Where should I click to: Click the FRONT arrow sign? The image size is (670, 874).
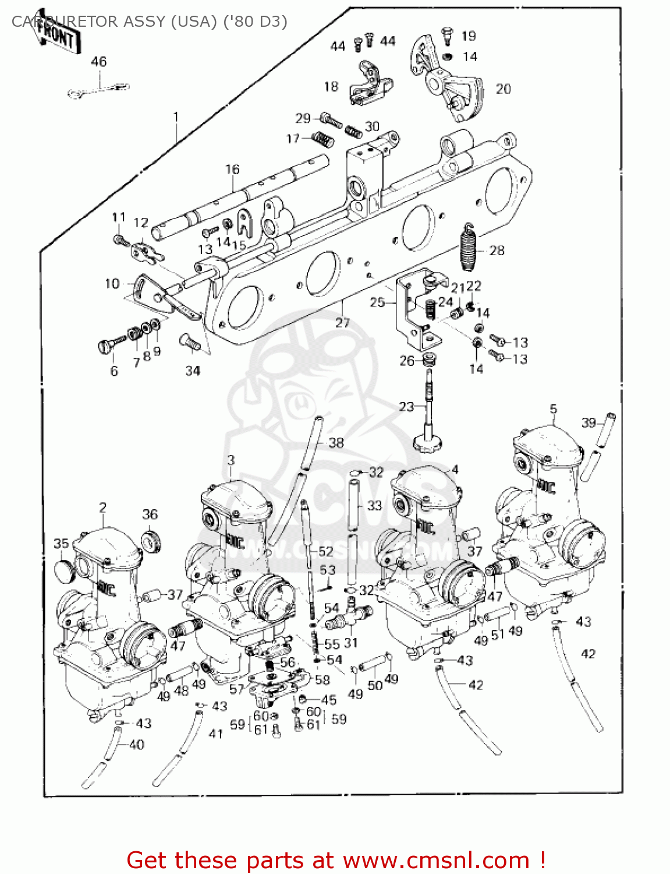coord(56,34)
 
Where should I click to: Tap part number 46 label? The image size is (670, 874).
coord(99,62)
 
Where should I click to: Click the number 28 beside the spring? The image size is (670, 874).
coord(497,251)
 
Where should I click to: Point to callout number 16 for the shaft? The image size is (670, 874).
coord(232,170)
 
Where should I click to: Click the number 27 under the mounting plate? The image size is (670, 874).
coord(342,322)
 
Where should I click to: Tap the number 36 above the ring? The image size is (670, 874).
coord(150,514)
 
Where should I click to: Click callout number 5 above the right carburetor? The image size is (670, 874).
coord(553,409)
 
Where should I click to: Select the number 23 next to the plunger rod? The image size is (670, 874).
coord(406,407)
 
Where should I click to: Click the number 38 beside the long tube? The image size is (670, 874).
coord(336,443)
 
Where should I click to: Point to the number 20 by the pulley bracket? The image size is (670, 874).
coord(503,89)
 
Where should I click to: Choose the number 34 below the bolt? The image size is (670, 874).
coord(193,371)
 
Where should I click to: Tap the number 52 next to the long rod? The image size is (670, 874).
coord(326,551)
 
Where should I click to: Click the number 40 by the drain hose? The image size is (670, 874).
coord(136,744)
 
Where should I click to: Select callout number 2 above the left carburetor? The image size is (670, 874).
coord(103,508)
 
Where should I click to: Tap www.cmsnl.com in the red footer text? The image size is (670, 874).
coord(436,861)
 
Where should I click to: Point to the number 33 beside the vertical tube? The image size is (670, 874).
coord(374,506)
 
